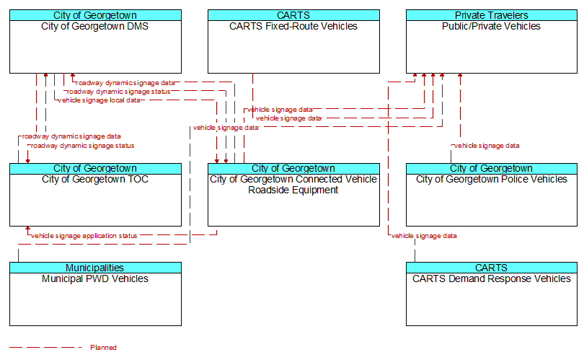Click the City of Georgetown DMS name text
[x=95, y=27]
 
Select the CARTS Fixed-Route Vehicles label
[x=293, y=27]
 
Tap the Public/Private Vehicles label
[x=492, y=27]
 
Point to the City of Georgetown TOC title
[x=95, y=180]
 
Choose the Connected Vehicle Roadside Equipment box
[x=293, y=198]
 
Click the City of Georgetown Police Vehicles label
[x=492, y=180]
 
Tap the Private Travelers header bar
[x=492, y=15]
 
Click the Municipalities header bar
[x=95, y=268]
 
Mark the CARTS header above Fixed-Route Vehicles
[x=293, y=15]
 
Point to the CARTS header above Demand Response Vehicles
[x=492, y=268]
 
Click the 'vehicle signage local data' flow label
[x=99, y=100]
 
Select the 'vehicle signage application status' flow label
[x=84, y=236]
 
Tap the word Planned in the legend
[x=103, y=348]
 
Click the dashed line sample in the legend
[x=45, y=348]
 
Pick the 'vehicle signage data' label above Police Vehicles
[x=487, y=146]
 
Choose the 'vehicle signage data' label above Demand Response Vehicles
[x=424, y=236]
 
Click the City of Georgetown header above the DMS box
[x=95, y=15]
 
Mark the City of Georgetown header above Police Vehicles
[x=492, y=168]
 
